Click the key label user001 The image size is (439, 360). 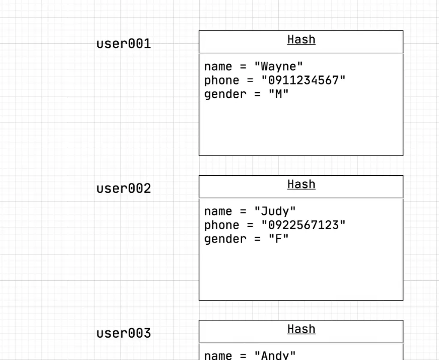coord(123,44)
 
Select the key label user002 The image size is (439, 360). coord(123,189)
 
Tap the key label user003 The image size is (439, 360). coord(123,333)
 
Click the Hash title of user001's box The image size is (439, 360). coord(301,39)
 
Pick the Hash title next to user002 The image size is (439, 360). coord(301,184)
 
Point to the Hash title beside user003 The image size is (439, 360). coord(301,329)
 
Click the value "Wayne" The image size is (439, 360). coord(279,66)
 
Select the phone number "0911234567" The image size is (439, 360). coord(304,80)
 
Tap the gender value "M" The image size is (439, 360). coord(279,94)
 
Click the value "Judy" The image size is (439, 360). coord(275,211)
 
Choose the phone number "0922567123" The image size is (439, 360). coord(304,225)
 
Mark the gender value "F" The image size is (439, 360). coord(279,239)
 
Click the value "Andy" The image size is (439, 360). coord(275,355)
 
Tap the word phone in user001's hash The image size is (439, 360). coord(222,80)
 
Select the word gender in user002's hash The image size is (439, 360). coord(226,239)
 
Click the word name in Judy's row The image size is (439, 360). coord(218,211)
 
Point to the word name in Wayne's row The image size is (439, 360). coord(218,66)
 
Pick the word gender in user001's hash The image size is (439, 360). coord(226,94)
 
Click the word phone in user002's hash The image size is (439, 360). coord(222,225)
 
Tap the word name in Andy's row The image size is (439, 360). coord(218,355)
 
